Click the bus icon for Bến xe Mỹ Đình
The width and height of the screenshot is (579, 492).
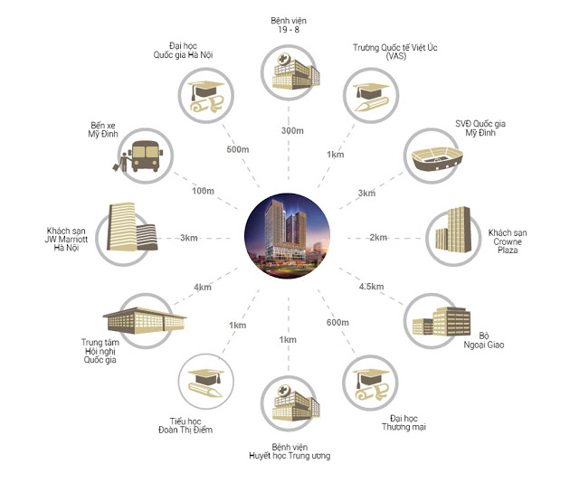(x=147, y=156)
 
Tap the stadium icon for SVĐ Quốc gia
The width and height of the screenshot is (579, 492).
(x=437, y=158)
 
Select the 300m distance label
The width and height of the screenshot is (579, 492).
(x=292, y=130)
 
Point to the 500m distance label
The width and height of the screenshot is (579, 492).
(x=238, y=149)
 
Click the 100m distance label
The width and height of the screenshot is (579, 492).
(x=203, y=191)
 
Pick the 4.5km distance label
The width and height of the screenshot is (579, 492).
(x=371, y=287)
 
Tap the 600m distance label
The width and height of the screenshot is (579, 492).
(x=337, y=323)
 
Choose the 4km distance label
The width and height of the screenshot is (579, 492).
(x=203, y=288)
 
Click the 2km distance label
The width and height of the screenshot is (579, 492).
(x=378, y=238)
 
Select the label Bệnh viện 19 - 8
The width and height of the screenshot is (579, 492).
(x=289, y=25)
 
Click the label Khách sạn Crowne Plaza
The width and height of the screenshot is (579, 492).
(x=508, y=241)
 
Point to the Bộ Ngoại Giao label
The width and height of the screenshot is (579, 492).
(x=484, y=340)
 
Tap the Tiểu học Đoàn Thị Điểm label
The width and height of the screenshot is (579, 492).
(x=185, y=426)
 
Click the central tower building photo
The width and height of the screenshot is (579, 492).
(x=288, y=236)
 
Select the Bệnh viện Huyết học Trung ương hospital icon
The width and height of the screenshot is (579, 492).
(x=296, y=403)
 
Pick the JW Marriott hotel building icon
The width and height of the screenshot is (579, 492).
(x=132, y=227)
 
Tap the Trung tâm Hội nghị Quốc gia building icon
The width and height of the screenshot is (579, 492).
(x=145, y=320)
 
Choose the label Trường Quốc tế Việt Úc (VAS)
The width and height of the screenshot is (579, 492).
(x=395, y=52)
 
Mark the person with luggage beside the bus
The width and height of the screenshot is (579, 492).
(x=122, y=162)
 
